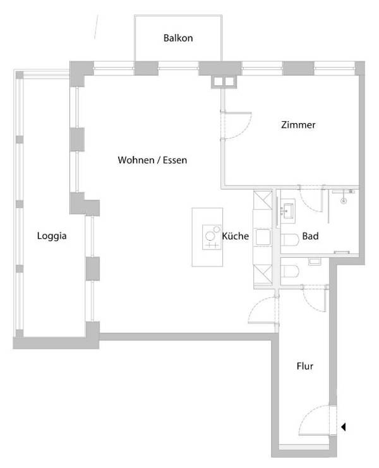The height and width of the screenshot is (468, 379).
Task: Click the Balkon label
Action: (177, 38)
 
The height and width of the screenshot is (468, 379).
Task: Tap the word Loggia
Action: (51, 236)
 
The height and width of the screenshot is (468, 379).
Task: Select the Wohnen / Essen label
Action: (152, 160)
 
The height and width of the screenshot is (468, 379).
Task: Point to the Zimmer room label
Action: (298, 125)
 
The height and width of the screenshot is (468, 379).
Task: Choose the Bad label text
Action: (310, 236)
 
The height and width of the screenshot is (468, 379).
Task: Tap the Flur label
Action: (304, 366)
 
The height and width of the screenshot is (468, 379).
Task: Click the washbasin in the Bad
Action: (289, 208)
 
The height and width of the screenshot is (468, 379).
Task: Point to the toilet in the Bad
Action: (290, 240)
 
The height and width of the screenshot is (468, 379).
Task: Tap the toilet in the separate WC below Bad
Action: (290, 272)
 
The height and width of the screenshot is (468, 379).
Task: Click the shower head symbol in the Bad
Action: (344, 200)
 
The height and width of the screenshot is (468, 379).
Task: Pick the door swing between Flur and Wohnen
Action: (260, 309)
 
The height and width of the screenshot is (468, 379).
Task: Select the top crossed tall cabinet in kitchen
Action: (262, 201)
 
